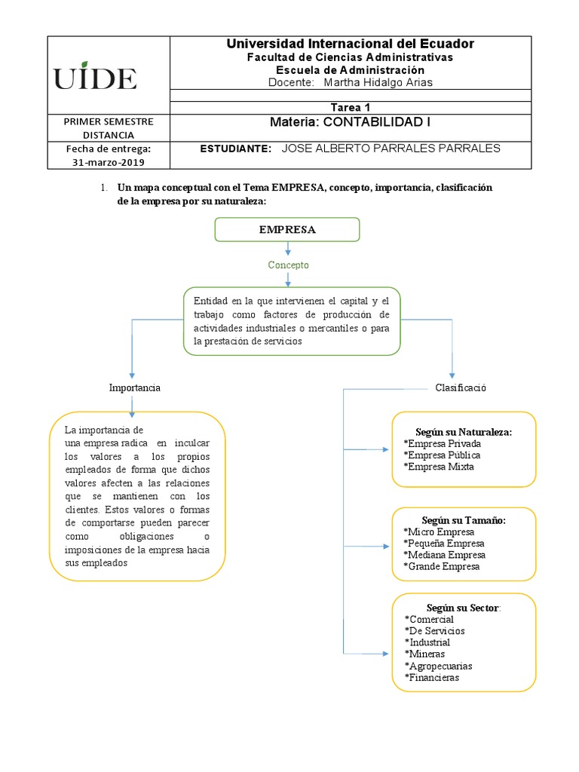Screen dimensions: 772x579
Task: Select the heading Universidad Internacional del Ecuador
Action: (x=351, y=44)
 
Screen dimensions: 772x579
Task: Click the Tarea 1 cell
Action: (x=351, y=107)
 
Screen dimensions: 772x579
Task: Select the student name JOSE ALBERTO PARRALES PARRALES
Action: (x=391, y=149)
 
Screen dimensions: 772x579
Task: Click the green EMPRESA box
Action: (x=287, y=230)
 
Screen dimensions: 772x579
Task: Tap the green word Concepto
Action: (x=288, y=265)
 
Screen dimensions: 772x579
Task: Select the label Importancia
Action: (x=135, y=388)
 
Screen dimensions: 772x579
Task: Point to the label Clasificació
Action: (x=461, y=388)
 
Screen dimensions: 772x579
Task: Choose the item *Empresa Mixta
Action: (x=439, y=467)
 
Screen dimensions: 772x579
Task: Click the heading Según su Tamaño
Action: (x=464, y=520)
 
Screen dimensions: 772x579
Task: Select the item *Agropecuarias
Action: (x=438, y=666)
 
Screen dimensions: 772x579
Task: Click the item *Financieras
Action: (x=432, y=677)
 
